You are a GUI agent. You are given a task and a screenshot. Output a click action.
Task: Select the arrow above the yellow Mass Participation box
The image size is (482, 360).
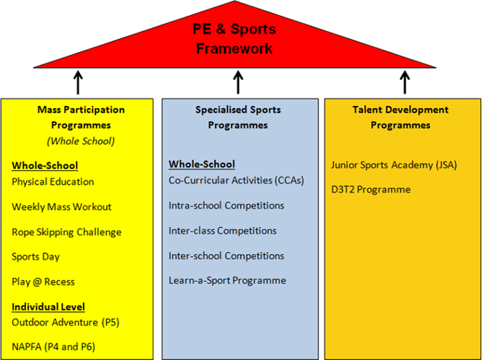(x=78, y=82)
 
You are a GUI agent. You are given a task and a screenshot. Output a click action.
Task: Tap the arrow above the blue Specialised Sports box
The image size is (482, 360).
(x=239, y=82)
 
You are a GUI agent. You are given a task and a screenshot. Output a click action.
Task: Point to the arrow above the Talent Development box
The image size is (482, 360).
(x=404, y=82)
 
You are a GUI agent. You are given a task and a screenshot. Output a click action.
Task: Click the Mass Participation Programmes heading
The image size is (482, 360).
(x=80, y=117)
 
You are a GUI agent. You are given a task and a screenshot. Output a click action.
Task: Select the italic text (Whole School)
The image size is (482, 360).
(x=80, y=141)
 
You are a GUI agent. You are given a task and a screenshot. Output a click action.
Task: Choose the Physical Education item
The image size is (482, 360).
(x=53, y=182)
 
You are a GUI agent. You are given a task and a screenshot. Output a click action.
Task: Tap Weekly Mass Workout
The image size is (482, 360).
(x=61, y=207)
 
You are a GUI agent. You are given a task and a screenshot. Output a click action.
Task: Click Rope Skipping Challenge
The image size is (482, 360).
(x=66, y=232)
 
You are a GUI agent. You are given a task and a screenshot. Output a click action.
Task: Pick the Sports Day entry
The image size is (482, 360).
(x=35, y=257)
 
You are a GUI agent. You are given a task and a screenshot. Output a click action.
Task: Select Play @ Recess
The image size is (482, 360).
(x=43, y=282)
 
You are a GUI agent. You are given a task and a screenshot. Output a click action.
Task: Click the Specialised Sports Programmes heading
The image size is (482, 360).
(x=238, y=117)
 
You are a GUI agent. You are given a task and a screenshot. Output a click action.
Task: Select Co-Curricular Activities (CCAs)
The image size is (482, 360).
(x=236, y=180)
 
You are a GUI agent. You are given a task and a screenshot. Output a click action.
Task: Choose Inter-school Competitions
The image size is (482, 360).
(x=226, y=255)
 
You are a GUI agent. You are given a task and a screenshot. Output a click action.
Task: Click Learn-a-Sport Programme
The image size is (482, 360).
(x=227, y=281)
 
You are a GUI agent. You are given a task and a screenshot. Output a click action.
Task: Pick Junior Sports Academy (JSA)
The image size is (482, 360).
(x=394, y=164)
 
